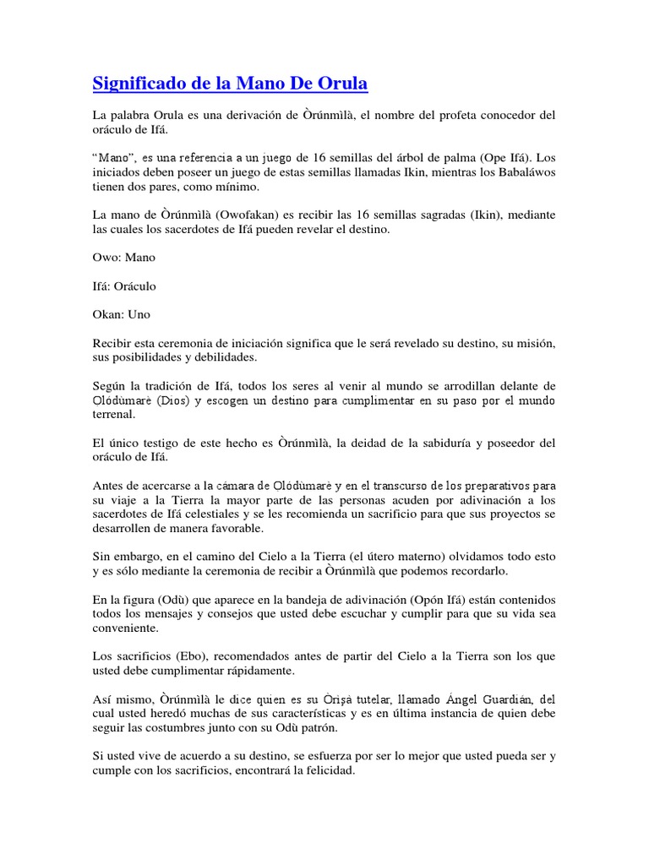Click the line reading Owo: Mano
[123, 257]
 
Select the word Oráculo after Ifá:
[134, 286]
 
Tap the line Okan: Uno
[122, 314]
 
